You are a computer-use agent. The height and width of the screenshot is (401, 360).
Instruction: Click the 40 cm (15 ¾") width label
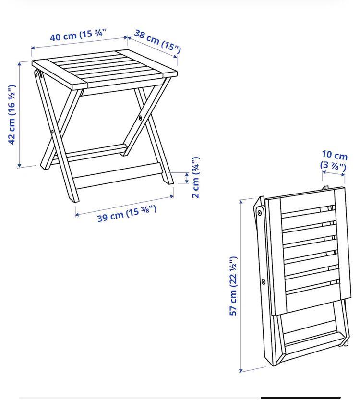pos(78,36)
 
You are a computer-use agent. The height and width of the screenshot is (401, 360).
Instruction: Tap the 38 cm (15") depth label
pos(157,41)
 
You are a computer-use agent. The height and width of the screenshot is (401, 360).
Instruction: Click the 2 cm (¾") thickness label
pos(195,177)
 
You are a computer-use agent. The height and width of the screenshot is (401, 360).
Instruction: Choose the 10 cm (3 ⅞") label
pos(334,161)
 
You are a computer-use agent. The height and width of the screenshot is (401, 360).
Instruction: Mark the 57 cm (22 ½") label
pos(234,286)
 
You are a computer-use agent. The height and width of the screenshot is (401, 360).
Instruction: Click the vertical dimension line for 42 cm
pos(20,114)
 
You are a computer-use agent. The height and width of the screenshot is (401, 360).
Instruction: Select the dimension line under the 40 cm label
pos(80,43)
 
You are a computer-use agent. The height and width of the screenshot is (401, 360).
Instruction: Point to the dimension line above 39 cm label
pos(124,205)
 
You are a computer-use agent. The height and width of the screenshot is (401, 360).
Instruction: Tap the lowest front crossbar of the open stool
pos(118,177)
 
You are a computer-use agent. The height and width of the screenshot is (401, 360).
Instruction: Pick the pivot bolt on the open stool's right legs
pos(140,117)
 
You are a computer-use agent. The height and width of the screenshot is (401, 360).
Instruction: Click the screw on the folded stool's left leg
pos(264,282)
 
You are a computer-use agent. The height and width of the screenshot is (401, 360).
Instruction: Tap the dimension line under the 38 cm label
pos(154,48)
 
